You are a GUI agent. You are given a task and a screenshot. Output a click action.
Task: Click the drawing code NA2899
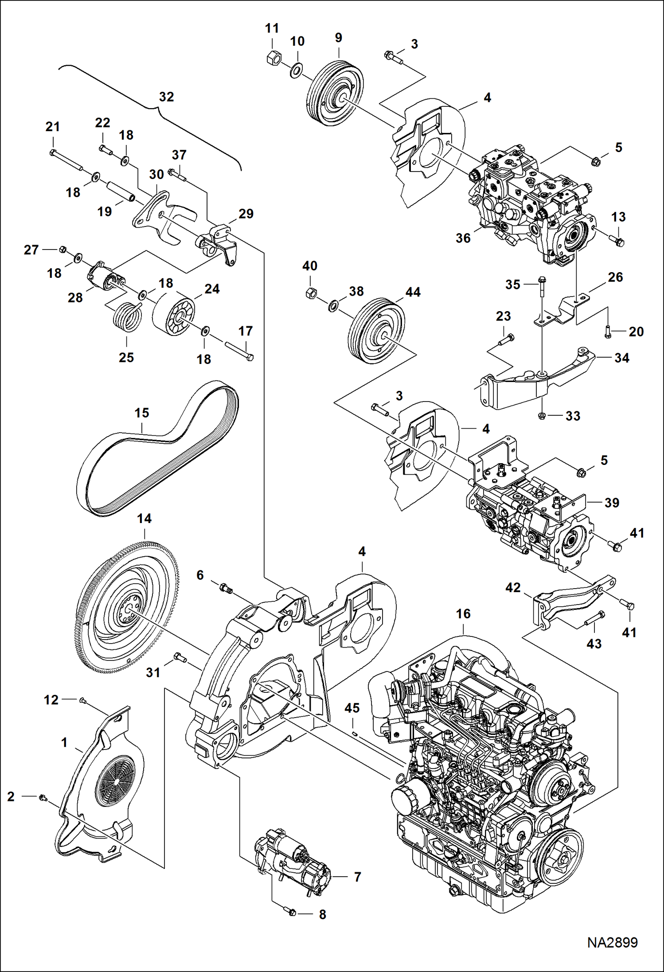point(612,942)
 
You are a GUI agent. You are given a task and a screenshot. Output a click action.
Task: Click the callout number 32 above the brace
point(166,97)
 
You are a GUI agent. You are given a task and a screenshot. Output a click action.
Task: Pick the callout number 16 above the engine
point(463,613)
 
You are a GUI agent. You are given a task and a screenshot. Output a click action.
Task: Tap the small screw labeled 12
point(82,700)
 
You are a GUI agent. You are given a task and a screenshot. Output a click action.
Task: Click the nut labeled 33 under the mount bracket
point(542,415)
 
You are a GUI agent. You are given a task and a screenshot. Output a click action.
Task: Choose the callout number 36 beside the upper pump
point(463,238)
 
